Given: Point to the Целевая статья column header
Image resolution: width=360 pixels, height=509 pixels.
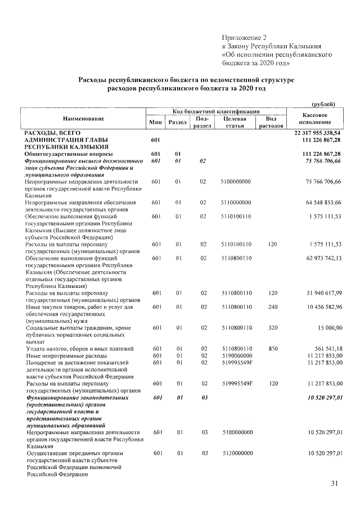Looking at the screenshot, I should click(x=236, y=123).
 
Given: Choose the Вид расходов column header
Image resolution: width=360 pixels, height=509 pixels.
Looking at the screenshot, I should click(x=271, y=123).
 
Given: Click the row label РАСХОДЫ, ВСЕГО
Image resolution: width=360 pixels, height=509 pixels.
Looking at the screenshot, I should click(x=49, y=132).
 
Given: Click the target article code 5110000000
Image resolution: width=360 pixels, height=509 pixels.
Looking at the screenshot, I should click(x=236, y=201).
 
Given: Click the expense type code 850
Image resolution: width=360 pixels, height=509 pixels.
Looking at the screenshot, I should click(x=273, y=349).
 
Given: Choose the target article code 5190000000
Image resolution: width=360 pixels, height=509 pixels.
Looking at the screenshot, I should click(x=236, y=355).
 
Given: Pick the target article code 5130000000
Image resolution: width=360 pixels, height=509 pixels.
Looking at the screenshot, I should click(x=236, y=452).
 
